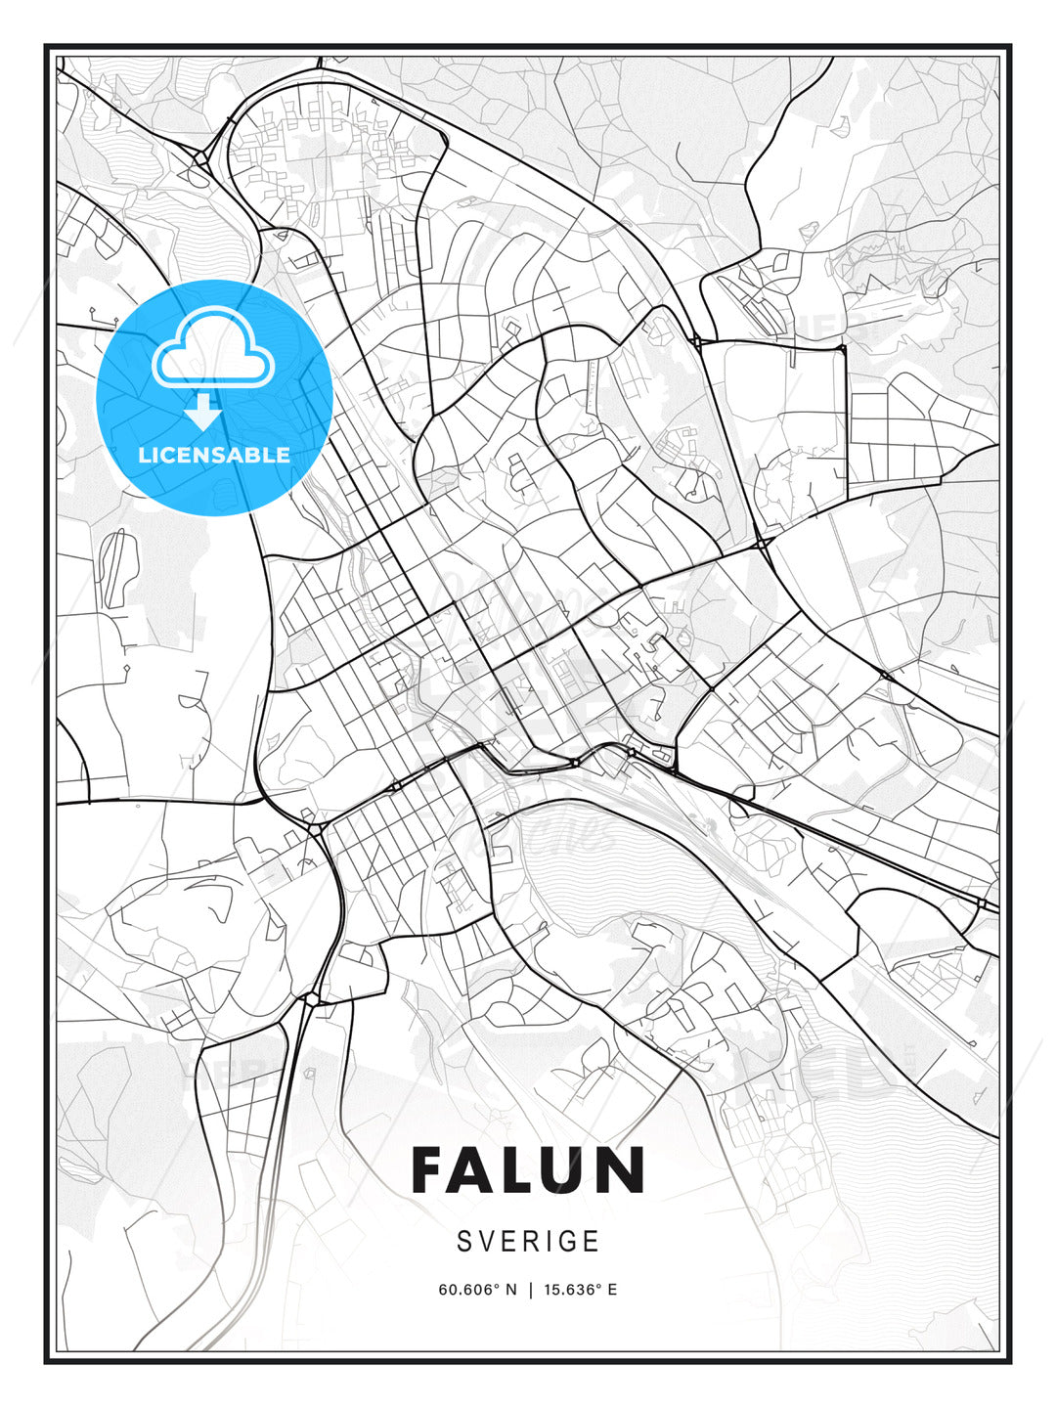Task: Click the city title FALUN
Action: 528,1169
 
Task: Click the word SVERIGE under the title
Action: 528,1241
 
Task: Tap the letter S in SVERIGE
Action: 464,1241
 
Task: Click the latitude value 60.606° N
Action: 476,1290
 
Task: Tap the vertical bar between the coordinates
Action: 529,1290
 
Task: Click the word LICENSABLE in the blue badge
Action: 214,455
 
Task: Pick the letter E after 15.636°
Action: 612,1290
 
